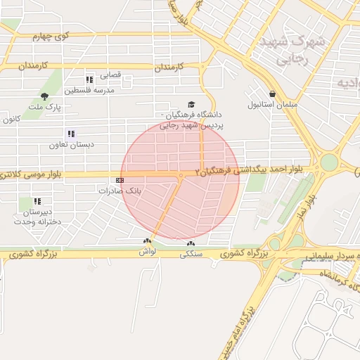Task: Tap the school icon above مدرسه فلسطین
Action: click(89, 80)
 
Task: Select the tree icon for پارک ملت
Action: click(45, 96)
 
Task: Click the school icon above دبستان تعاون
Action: click(71, 134)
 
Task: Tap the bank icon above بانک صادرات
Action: click(120, 180)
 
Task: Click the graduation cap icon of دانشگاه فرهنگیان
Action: click(191, 105)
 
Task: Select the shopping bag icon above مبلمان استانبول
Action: click(271, 94)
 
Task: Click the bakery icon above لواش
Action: click(146, 241)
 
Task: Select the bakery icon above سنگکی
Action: click(191, 245)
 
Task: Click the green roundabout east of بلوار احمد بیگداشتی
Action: click(329, 162)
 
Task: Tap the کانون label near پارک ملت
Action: click(10, 120)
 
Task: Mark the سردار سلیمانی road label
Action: click(330, 257)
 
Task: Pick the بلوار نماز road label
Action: click(300, 204)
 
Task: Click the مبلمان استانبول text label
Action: click(262, 104)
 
